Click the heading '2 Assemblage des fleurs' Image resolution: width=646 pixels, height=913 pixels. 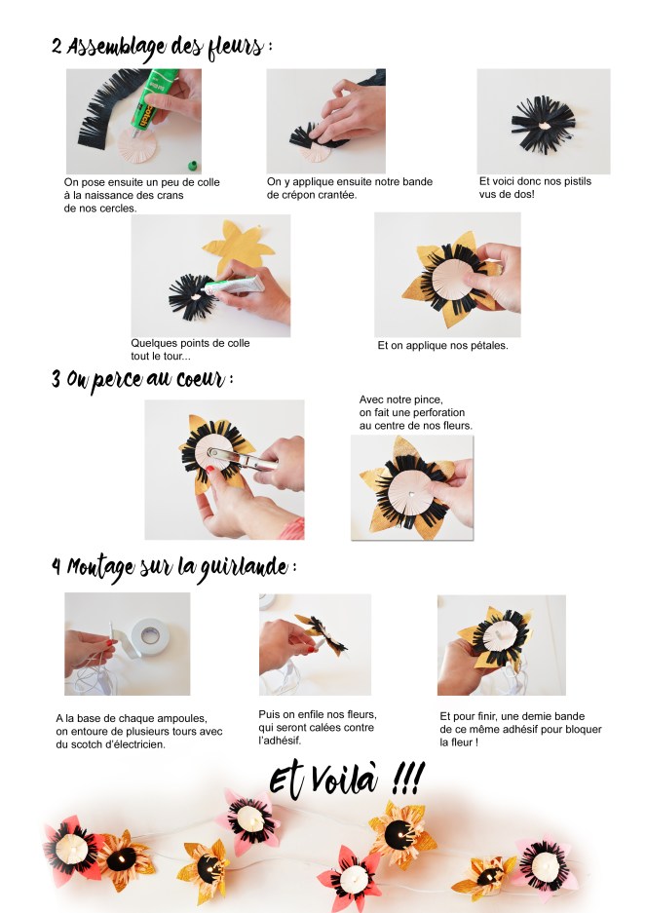click(161, 46)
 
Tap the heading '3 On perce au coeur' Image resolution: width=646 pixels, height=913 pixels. click(142, 379)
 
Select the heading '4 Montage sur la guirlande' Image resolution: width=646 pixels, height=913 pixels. click(173, 566)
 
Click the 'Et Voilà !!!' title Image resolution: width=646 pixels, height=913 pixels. click(346, 778)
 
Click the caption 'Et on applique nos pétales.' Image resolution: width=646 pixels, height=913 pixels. click(442, 345)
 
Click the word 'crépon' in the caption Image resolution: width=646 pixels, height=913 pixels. click(291, 194)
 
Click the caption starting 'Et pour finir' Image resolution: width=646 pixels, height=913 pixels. click(520, 729)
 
